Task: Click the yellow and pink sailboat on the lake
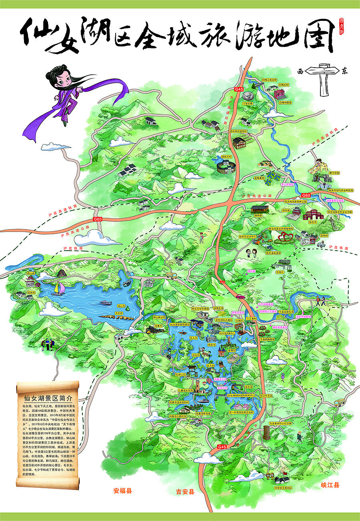coord(59,288)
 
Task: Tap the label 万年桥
coord(118,313)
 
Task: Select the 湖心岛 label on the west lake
coord(121,306)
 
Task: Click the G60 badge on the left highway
coord(98,219)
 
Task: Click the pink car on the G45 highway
coord(240,296)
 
